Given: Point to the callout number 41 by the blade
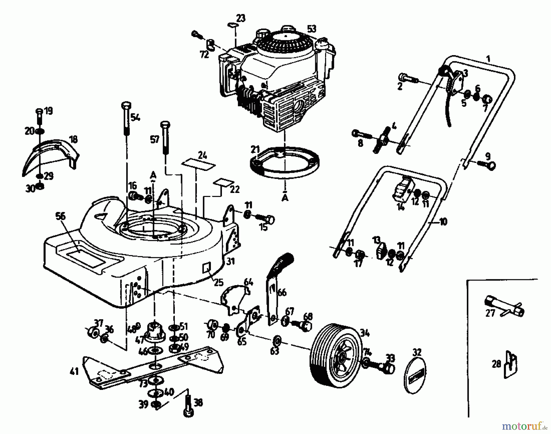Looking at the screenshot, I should click(x=74, y=372).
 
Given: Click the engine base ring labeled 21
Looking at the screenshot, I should click(x=285, y=164).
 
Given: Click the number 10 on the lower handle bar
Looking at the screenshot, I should click(x=443, y=221).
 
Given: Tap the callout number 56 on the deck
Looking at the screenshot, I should click(x=60, y=216).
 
